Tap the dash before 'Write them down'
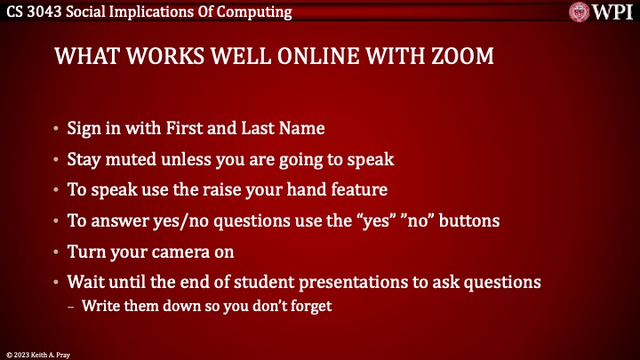click(72, 307)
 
